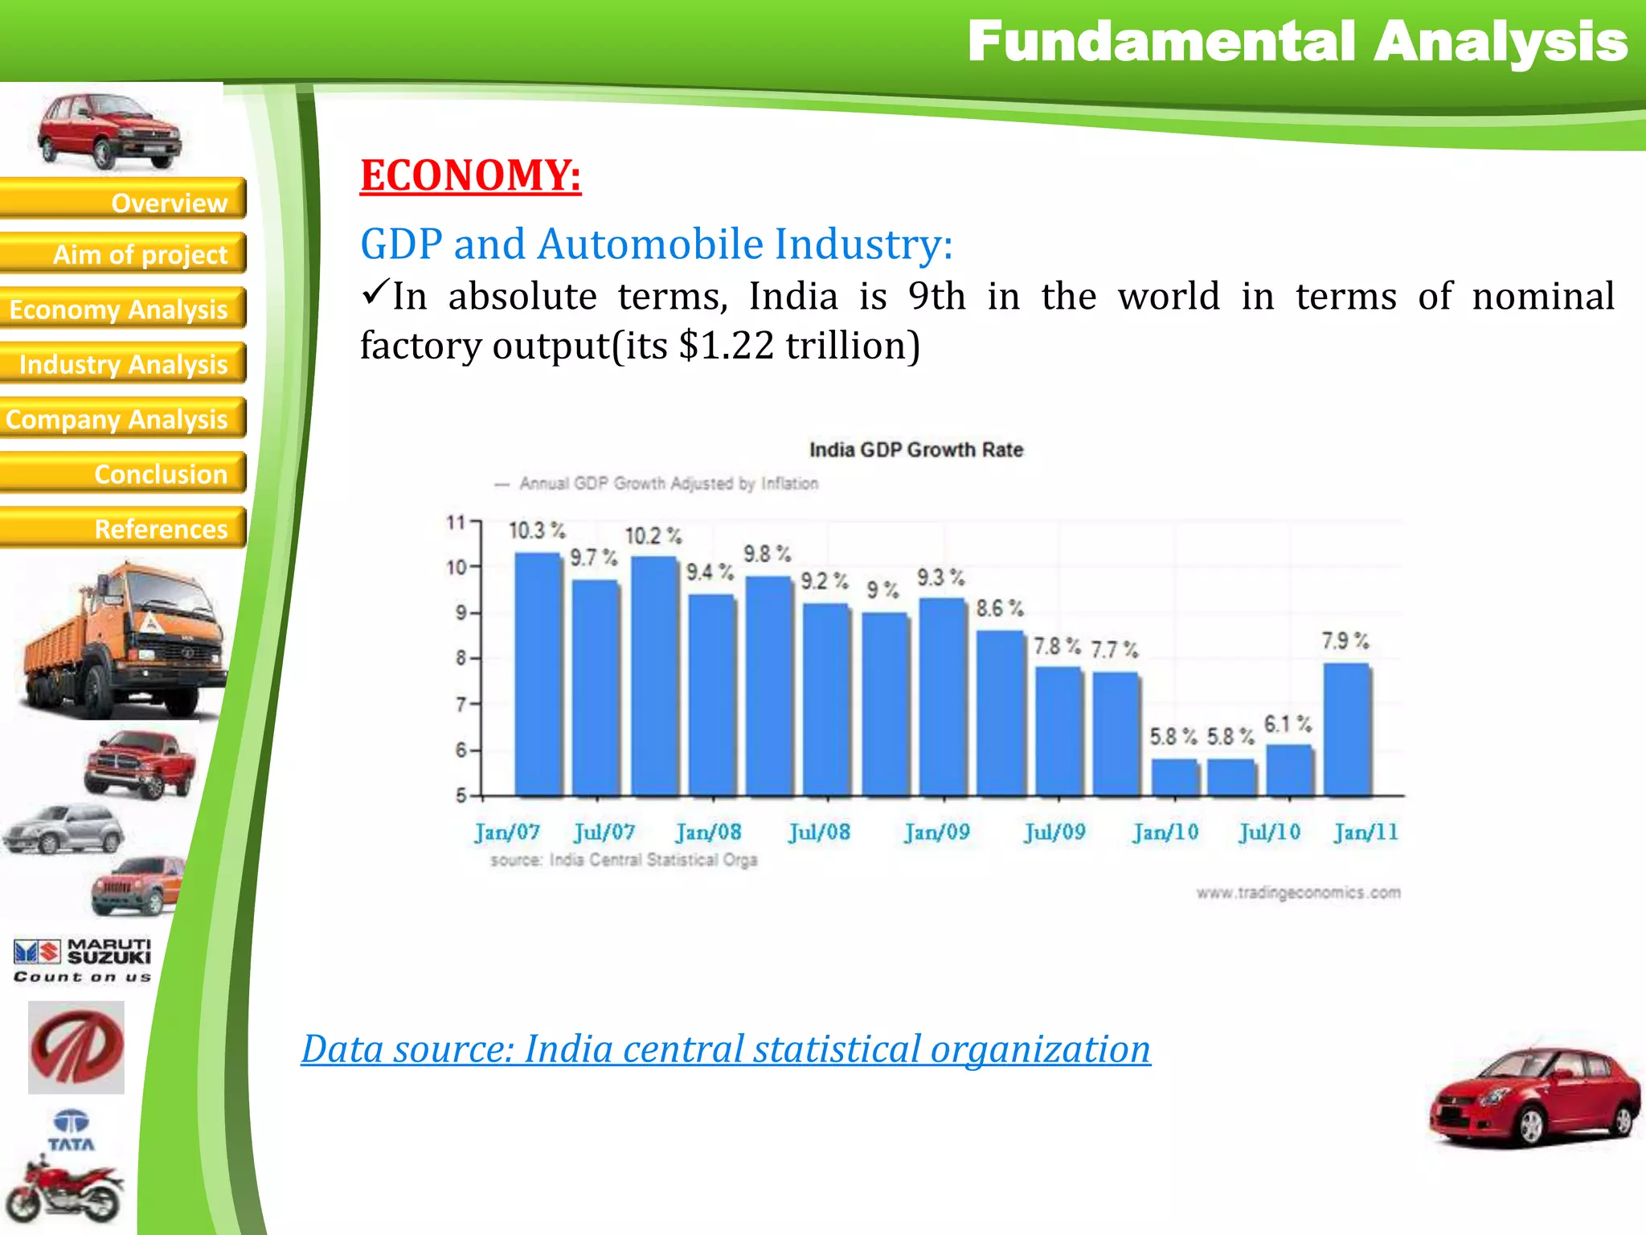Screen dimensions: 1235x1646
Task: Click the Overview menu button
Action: click(x=122, y=199)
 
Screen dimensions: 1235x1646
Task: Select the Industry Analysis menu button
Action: click(x=122, y=363)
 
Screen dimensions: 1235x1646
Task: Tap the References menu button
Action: click(x=122, y=528)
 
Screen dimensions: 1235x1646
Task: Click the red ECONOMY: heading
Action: click(x=470, y=175)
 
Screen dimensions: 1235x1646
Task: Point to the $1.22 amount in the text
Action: click(x=726, y=346)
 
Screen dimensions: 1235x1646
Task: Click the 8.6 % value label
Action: click(x=1000, y=609)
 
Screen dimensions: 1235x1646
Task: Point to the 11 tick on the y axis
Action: click(x=456, y=523)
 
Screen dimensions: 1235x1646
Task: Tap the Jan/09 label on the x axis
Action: click(x=936, y=832)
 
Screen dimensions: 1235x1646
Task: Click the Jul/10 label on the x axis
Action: click(x=1269, y=832)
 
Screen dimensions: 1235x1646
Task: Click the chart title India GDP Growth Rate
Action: click(x=915, y=450)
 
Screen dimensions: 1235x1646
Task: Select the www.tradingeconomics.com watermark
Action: click(x=1298, y=892)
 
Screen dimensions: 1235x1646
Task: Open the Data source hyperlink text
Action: click(x=726, y=1049)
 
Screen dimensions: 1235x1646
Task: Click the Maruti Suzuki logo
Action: click(x=82, y=959)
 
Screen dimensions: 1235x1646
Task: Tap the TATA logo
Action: click(x=71, y=1130)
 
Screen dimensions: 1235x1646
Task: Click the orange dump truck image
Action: click(x=121, y=643)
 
